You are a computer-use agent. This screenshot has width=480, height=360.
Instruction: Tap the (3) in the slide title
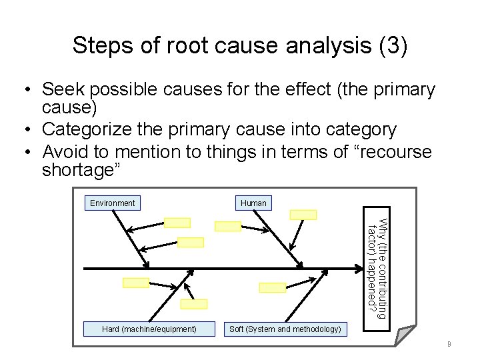click(392, 46)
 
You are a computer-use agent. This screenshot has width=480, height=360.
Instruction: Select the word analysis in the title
click(327, 46)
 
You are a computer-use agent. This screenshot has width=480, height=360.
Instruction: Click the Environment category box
click(113, 203)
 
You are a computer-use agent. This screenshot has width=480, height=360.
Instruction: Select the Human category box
click(253, 203)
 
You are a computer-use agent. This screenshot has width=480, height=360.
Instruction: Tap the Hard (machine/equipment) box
click(149, 329)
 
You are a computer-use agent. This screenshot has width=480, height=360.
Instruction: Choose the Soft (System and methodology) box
click(285, 329)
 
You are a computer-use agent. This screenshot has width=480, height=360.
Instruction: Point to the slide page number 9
click(449, 345)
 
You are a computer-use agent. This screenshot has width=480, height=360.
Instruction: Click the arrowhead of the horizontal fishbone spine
click(359, 269)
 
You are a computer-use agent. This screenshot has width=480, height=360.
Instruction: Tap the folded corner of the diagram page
click(405, 333)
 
